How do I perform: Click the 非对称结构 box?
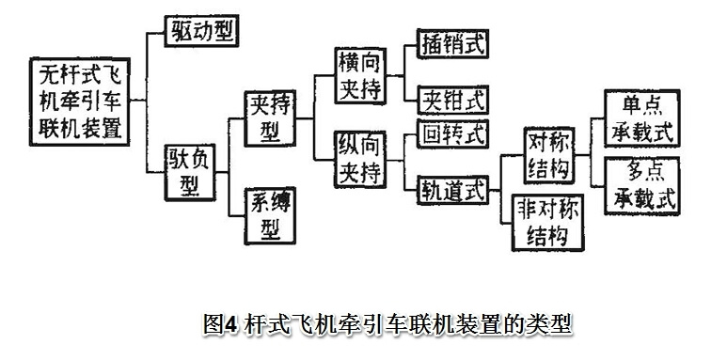pyautogui.click(x=547, y=221)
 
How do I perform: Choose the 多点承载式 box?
pyautogui.click(x=642, y=185)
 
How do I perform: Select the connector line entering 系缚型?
pyautogui.click(x=236, y=213)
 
